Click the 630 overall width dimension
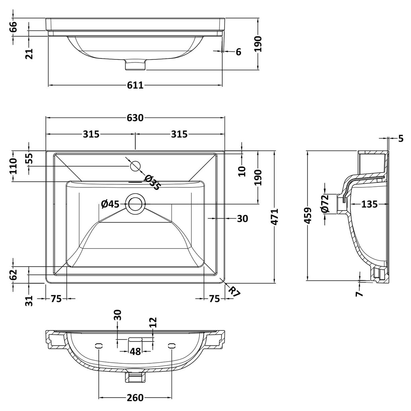pos(135,118)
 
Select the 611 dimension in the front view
pos(135,85)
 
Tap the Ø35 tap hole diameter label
pos(152,183)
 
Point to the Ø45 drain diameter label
pos(110,204)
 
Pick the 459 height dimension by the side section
pos(308,215)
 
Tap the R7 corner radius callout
pos(234,291)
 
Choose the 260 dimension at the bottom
pos(135,398)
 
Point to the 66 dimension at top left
pos(13,27)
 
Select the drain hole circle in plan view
pos(135,204)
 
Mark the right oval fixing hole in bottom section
pos(172,345)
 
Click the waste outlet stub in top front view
pos(135,65)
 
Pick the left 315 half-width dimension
pos(91,134)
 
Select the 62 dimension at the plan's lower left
pos(13,275)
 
